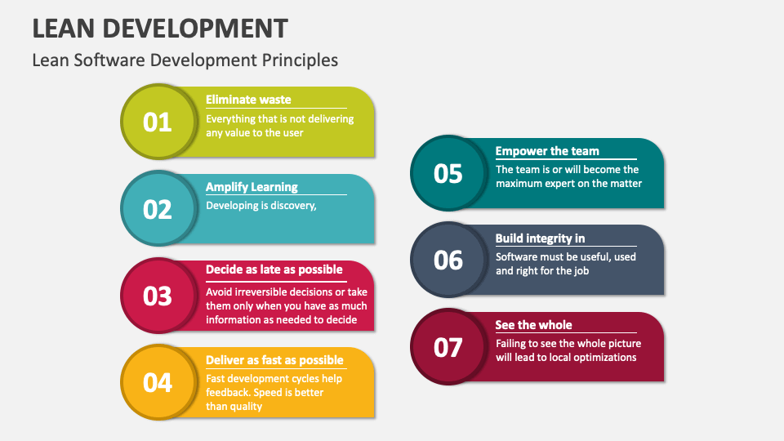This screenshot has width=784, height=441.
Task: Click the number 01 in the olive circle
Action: pyautogui.click(x=158, y=122)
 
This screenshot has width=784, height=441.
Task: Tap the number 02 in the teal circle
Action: pyautogui.click(x=158, y=209)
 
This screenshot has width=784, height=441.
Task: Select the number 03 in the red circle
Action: pyautogui.click(x=158, y=296)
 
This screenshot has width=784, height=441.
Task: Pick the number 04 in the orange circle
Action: pyautogui.click(x=158, y=382)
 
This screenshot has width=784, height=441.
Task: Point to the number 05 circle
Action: pyautogui.click(x=448, y=174)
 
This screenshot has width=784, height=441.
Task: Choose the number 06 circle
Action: pyautogui.click(x=448, y=261)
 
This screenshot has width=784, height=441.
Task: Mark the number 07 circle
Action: pyautogui.click(x=448, y=348)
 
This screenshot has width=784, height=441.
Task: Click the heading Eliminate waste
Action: pyautogui.click(x=248, y=100)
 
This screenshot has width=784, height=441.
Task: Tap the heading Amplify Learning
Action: pyautogui.click(x=252, y=187)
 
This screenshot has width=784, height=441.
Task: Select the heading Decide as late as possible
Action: pyautogui.click(x=274, y=269)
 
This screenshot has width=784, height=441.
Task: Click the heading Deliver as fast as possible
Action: pyautogui.click(x=274, y=360)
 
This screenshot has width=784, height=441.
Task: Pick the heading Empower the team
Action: pyautogui.click(x=547, y=151)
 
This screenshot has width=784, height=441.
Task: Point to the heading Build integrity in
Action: pyautogui.click(x=540, y=238)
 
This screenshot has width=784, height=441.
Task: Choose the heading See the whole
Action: pyautogui.click(x=533, y=325)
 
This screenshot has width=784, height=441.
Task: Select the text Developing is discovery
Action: pyautogui.click(x=261, y=206)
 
